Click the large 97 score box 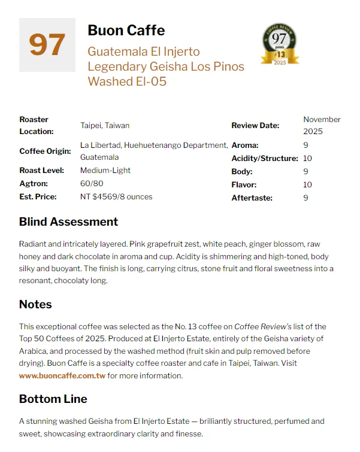[47, 45]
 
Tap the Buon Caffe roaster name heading [126, 31]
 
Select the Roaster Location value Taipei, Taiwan [105, 125]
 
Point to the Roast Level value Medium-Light [105, 171]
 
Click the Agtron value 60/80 [91, 184]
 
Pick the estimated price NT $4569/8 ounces [116, 197]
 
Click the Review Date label [255, 125]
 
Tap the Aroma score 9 [305, 145]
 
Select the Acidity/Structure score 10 [308, 158]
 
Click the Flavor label [243, 184]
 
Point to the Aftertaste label [252, 198]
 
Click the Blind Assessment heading [68, 222]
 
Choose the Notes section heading [35, 304]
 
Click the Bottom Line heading [53, 399]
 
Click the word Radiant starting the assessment [33, 244]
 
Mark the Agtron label [33, 184]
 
